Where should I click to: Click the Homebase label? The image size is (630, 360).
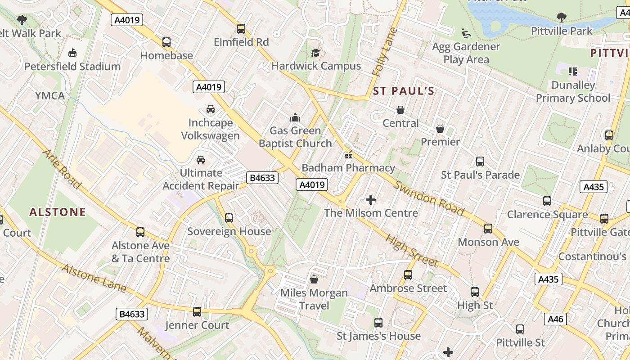166,55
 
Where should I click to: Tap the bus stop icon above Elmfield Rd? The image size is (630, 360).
241,29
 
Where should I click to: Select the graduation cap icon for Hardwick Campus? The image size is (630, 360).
315,53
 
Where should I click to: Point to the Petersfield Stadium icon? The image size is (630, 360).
72,53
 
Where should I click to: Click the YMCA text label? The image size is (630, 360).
50,95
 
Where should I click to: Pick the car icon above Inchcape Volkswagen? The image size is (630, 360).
210,109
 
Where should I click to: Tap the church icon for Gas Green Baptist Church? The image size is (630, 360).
295,117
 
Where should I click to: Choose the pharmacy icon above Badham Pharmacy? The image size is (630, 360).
348,155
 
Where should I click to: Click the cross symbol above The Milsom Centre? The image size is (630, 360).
371,199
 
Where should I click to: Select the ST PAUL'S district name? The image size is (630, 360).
404,91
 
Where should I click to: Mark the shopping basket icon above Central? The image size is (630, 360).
400,110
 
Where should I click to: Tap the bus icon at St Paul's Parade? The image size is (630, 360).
480,162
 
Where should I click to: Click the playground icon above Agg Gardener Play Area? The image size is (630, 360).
466,33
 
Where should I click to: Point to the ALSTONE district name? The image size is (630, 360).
57,212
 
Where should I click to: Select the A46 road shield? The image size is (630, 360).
556,319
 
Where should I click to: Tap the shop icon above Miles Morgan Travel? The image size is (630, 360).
314,279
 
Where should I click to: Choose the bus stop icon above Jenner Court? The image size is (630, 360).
197,312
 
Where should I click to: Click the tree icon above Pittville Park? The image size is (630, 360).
561,18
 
